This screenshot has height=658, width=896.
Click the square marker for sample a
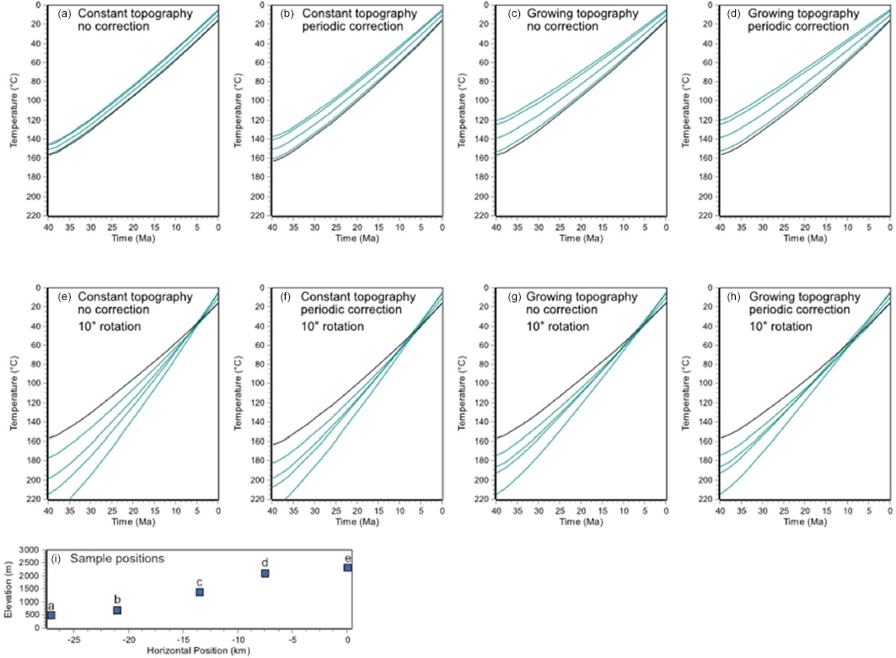tap(51, 616)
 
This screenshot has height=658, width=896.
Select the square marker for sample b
tap(117, 610)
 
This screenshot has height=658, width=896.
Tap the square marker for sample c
tap(200, 592)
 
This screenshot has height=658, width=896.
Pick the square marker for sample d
tap(265, 573)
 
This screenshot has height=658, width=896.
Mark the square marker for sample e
tap(347, 568)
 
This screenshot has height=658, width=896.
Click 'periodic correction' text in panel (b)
tap(346, 27)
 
